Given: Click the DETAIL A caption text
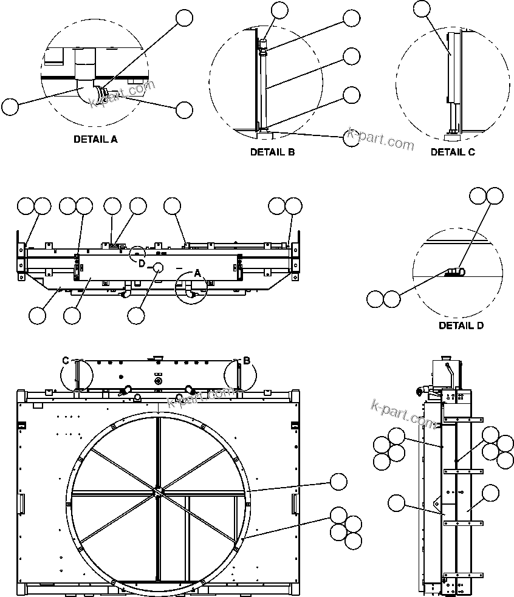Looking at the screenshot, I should (x=95, y=139).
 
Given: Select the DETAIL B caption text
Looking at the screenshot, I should (x=272, y=152).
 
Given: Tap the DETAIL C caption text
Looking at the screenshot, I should (x=453, y=152).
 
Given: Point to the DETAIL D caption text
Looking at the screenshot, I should (x=461, y=326).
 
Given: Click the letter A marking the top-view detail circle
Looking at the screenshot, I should (x=197, y=274).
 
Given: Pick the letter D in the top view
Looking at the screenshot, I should (x=141, y=264).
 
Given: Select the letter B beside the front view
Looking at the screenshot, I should (x=247, y=361).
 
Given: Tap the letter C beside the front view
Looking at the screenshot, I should (x=66, y=361).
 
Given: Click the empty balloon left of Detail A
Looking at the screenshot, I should (x=10, y=107).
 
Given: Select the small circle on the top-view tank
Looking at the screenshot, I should (x=159, y=267).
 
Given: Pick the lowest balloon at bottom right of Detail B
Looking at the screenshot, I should (x=352, y=138).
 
